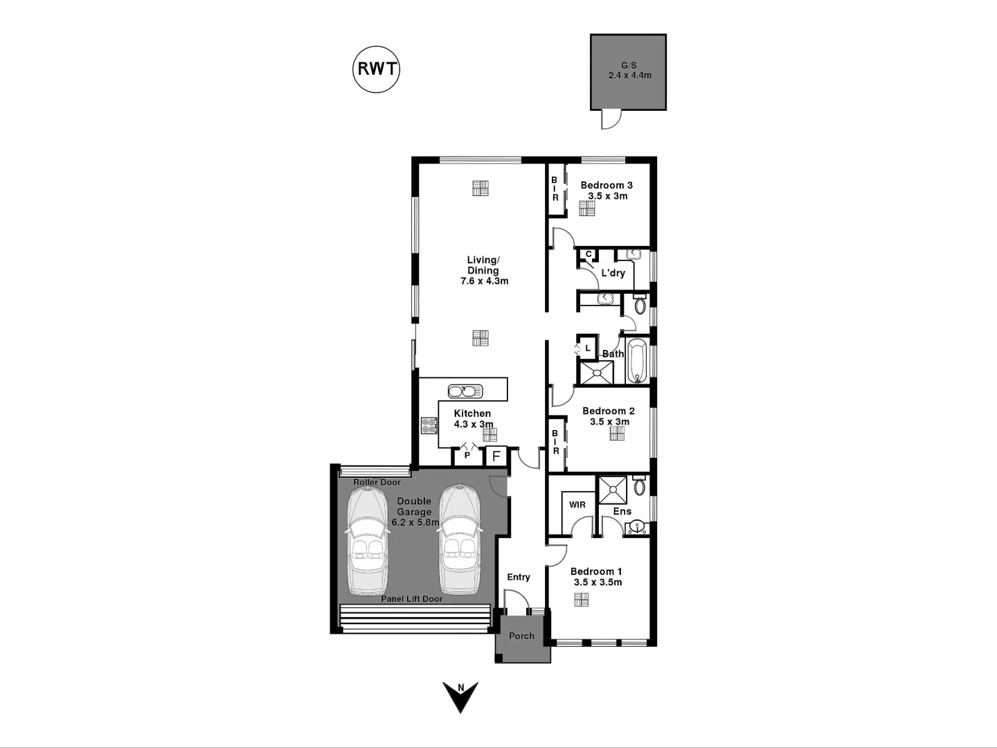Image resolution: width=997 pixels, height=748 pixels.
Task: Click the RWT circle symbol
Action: tap(376, 69)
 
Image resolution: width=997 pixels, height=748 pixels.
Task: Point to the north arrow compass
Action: tap(460, 697)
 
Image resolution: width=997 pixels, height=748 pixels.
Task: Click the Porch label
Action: tap(521, 636)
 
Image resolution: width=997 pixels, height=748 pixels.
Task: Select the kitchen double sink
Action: tap(461, 391)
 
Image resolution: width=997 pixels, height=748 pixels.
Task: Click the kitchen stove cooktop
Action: tap(429, 425)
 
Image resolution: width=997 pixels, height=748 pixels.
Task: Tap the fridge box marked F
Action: tap(496, 456)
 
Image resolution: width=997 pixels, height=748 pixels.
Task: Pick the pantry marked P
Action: tap(467, 455)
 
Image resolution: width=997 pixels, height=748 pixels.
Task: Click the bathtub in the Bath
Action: tap(637, 361)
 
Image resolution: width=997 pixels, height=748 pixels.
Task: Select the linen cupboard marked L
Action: tap(588, 348)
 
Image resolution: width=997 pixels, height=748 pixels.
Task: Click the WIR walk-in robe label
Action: tap(577, 505)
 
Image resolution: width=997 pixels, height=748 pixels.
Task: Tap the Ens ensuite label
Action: tap(622, 511)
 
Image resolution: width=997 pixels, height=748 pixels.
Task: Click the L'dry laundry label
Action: tap(613, 273)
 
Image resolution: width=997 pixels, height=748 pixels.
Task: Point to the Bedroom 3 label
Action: tap(607, 185)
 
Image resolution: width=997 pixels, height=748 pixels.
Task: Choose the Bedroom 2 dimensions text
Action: tap(609, 422)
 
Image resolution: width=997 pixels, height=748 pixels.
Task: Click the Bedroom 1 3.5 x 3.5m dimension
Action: tap(598, 582)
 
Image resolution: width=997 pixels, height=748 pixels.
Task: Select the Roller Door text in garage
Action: tap(377, 482)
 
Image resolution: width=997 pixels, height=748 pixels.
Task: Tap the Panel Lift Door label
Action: tap(411, 598)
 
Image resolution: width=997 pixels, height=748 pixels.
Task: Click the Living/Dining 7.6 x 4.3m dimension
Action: tap(484, 281)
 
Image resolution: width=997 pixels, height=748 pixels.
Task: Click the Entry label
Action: tap(518, 577)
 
